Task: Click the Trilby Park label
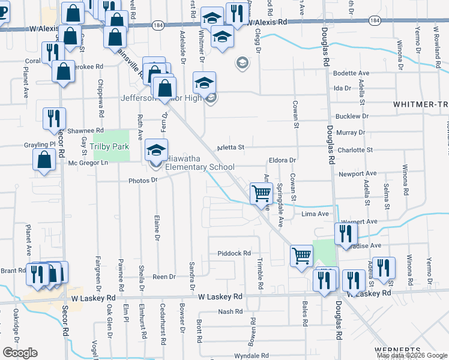110,146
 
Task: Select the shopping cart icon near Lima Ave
261,194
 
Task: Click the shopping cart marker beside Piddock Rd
301,256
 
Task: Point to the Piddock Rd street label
234,254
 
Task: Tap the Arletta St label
231,146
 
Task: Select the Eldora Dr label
283,160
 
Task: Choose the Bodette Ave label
351,73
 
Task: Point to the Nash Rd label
230,311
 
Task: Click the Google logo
20,353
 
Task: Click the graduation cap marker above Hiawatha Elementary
156,150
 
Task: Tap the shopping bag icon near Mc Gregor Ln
44,161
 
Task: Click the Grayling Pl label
40,145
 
